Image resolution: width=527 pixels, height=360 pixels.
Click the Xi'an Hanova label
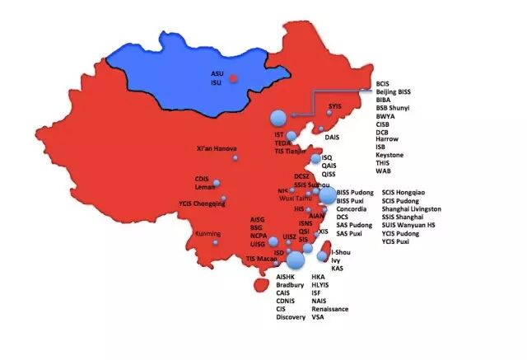pyautogui.click(x=217, y=149)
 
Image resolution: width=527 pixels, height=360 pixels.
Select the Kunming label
pyautogui.click(x=208, y=233)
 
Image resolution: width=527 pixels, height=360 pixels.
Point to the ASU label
pyautogui.click(x=217, y=73)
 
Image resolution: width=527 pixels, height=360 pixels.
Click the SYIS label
pyautogui.click(x=334, y=106)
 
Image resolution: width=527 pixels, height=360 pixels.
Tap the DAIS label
pyautogui.click(x=333, y=137)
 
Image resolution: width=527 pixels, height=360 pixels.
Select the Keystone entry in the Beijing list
pyautogui.click(x=389, y=155)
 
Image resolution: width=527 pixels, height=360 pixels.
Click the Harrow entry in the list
pyautogui.click(x=387, y=138)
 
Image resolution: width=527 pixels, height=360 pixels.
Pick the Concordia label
pyautogui.click(x=352, y=209)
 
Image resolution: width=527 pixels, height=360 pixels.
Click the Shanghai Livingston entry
pyautogui.click(x=411, y=209)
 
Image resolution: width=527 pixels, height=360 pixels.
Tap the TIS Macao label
pyautogui.click(x=262, y=259)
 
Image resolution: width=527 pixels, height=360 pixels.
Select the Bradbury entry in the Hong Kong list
pyautogui.click(x=291, y=285)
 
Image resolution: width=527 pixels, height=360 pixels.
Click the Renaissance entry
pyautogui.click(x=330, y=309)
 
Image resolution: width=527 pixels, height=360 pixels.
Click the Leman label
pyautogui.click(x=205, y=187)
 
